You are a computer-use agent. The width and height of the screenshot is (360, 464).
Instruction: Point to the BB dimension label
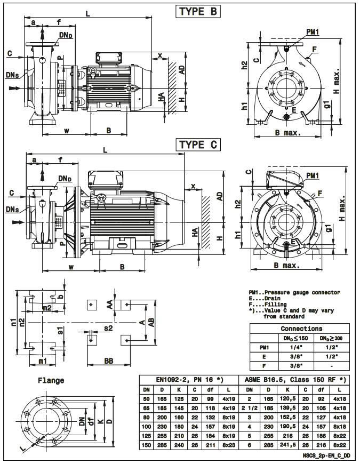[x=109, y=361]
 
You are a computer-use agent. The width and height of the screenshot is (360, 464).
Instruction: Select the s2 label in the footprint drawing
[x=108, y=329]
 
